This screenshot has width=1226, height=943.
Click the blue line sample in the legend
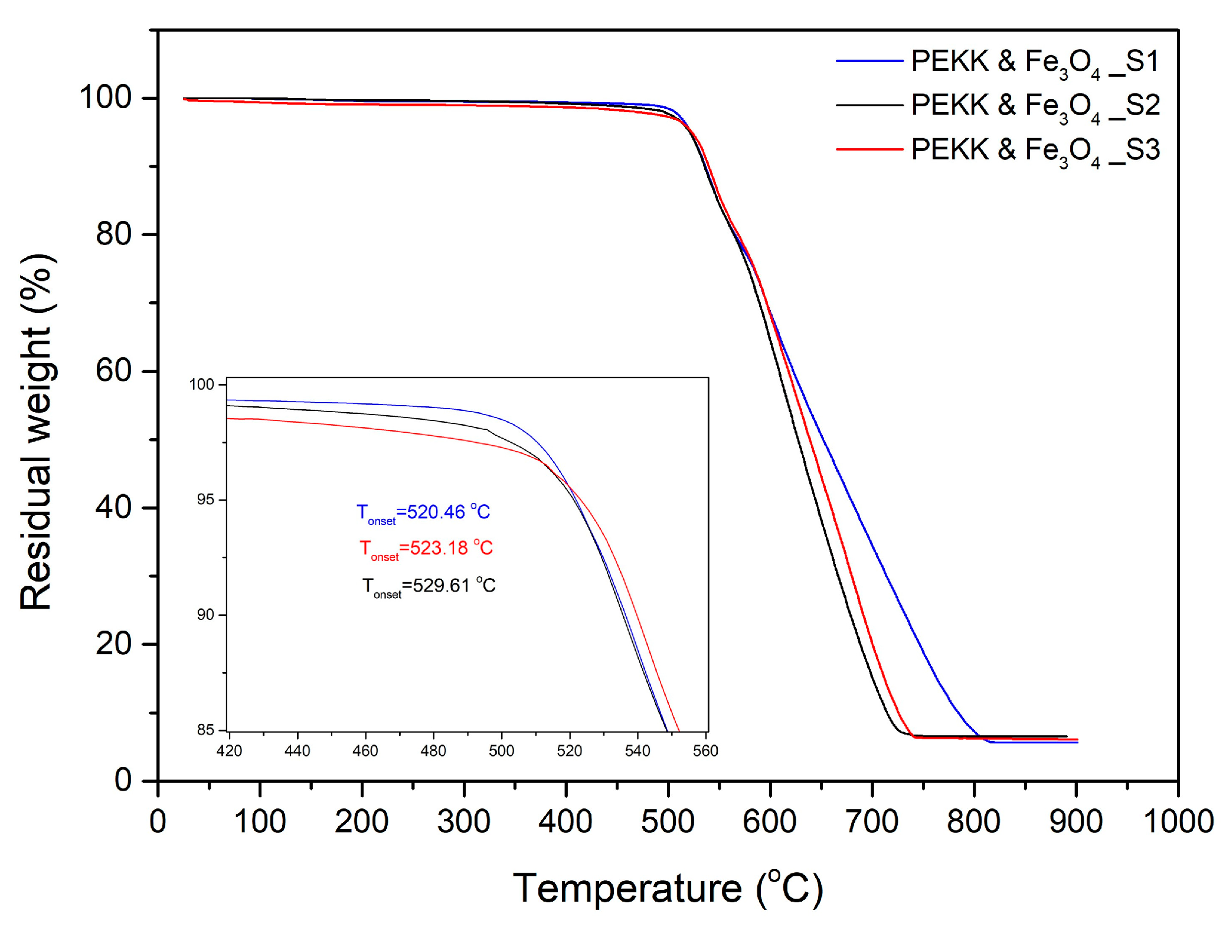click(x=869, y=61)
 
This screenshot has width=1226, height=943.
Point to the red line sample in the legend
click(x=869, y=149)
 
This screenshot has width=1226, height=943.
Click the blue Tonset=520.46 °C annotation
click(x=423, y=513)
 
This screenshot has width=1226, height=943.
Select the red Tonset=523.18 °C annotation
click(x=426, y=549)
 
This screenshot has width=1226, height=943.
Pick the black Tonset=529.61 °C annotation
click(x=429, y=586)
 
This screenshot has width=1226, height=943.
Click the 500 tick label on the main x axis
click(x=668, y=821)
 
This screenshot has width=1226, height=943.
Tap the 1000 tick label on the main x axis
click(x=1178, y=821)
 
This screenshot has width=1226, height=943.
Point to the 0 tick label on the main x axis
click(x=158, y=821)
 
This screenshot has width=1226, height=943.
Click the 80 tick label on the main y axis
click(x=113, y=234)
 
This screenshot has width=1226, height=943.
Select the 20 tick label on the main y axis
click(x=113, y=643)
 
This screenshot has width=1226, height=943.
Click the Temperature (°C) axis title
click(x=668, y=889)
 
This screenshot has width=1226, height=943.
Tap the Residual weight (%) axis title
click(x=37, y=432)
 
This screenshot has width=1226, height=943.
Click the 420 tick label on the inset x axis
click(x=229, y=751)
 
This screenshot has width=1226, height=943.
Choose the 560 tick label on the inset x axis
click(x=705, y=751)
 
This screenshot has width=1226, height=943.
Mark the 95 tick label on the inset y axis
click(x=205, y=500)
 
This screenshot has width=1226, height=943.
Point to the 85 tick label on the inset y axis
click(x=205, y=730)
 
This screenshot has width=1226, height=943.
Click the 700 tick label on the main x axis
click(x=872, y=821)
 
